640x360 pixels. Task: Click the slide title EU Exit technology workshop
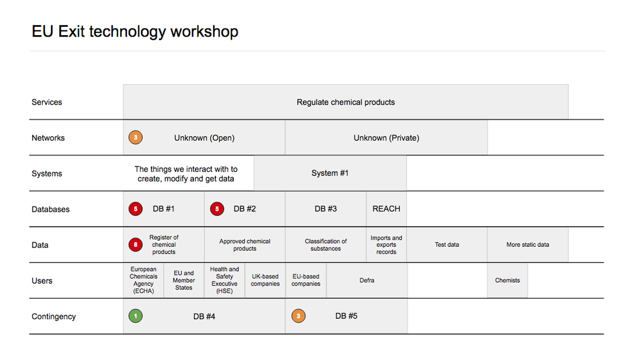pos(135,31)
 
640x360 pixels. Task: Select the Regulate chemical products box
pos(346,102)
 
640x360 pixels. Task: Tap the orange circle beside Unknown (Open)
pos(135,137)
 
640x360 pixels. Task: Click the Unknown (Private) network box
pos(386,138)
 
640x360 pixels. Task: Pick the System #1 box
pos(330,173)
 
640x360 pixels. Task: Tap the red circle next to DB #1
pos(135,209)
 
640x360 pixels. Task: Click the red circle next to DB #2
pos(217,209)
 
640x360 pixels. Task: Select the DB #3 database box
pos(326,209)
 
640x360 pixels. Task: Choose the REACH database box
pos(386,209)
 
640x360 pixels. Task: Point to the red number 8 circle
pos(135,244)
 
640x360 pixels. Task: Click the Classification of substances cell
pos(326,244)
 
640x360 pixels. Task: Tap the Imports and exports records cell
pos(386,244)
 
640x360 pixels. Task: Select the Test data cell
pos(447,244)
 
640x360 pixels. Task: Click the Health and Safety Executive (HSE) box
pos(225,280)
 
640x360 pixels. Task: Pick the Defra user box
pos(367,280)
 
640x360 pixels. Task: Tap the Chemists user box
pos(507,280)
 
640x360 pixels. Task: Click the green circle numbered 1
pos(135,316)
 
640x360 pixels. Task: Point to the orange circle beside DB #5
pos(298,316)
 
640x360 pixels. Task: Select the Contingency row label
pos(54,316)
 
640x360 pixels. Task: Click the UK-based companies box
pos(265,280)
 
